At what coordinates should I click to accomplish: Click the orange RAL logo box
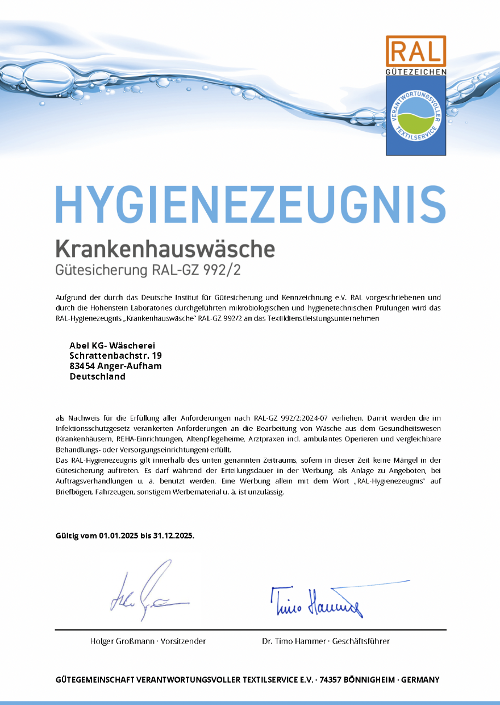coord(416,51)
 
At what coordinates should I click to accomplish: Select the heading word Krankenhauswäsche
coord(165,248)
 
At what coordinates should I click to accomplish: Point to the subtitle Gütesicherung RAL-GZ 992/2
coord(148,269)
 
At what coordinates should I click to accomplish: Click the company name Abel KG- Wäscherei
coord(112,345)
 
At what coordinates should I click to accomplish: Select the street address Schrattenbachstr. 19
coord(115,355)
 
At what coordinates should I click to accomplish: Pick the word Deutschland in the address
coord(97,376)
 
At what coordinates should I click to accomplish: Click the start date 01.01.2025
coord(119,536)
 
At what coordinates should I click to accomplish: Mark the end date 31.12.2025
coord(173,536)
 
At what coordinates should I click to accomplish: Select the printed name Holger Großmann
coord(122,641)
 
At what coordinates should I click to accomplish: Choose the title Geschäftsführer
coord(361,641)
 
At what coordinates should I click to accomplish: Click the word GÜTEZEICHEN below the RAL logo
coord(416,72)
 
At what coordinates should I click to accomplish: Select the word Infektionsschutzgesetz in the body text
coord(91,428)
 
